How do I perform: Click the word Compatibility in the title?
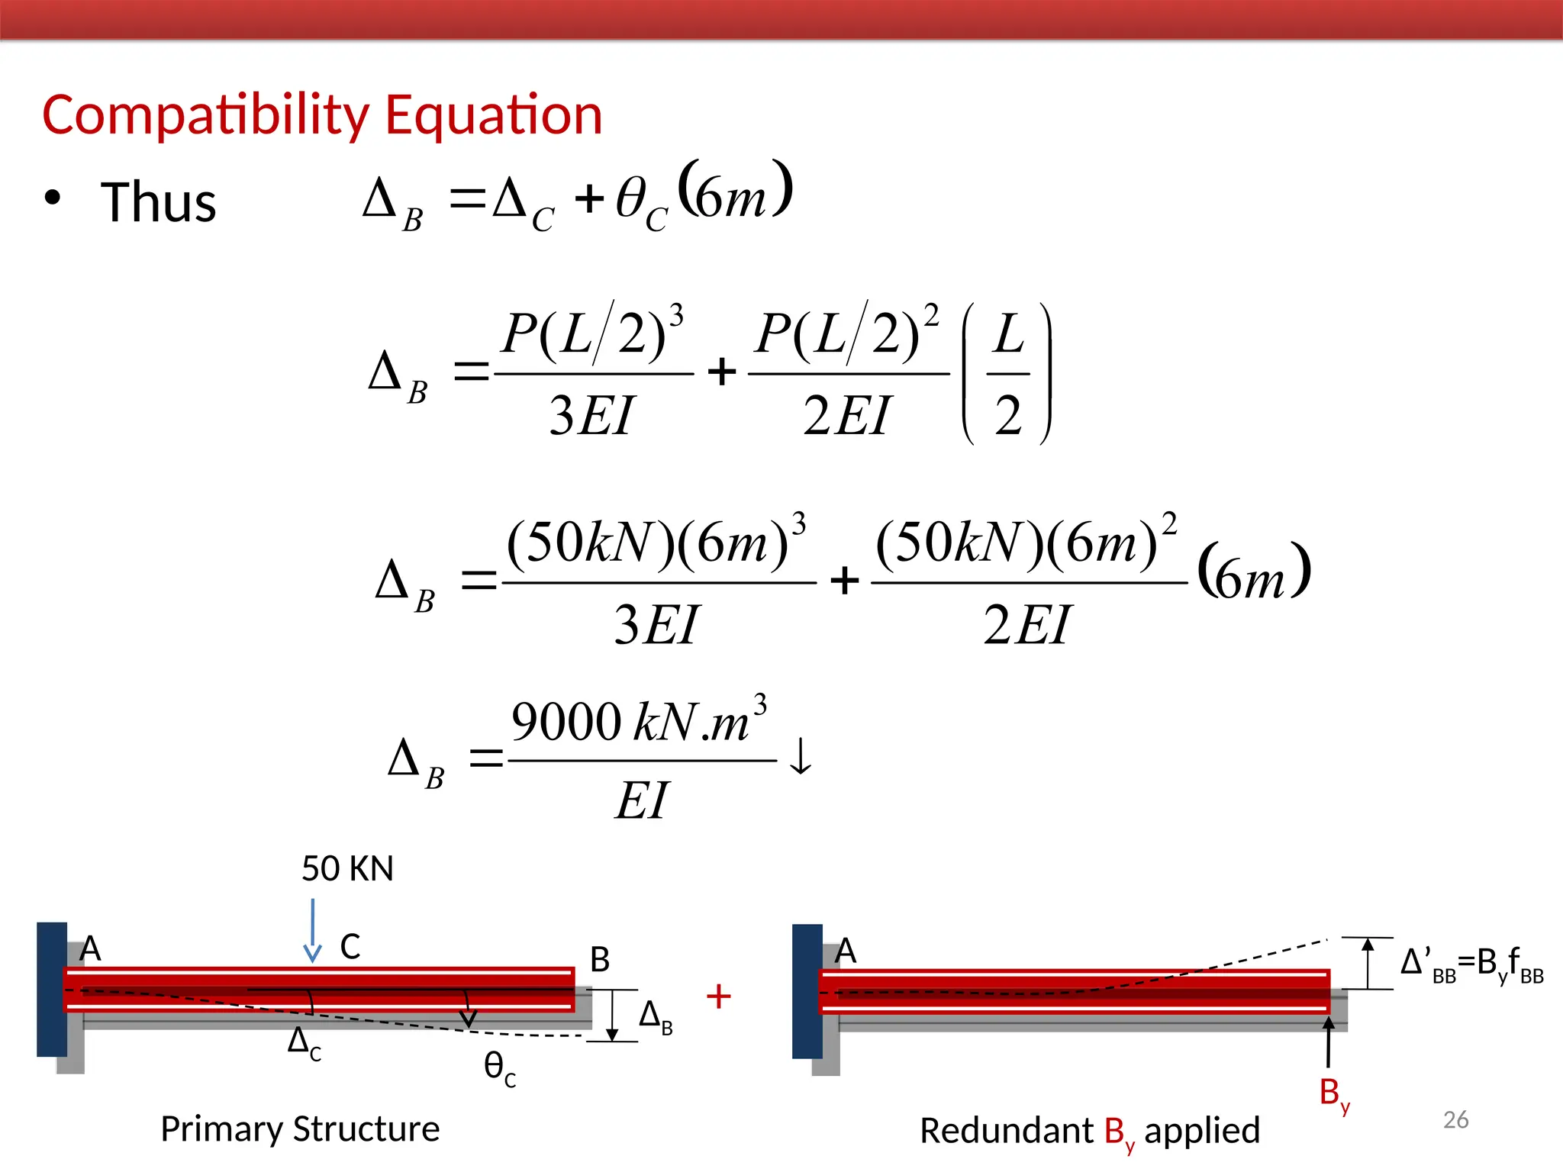click(x=206, y=116)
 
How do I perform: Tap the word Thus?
click(x=159, y=203)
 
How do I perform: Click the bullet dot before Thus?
click(x=52, y=198)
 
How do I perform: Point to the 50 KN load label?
click(x=347, y=869)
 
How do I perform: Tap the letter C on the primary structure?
click(x=350, y=947)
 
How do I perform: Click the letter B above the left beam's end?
click(x=600, y=960)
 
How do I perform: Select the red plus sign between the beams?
click(x=718, y=997)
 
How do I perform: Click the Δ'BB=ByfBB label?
click(x=1471, y=964)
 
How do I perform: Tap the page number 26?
click(x=1455, y=1119)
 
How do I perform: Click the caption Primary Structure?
click(x=300, y=1129)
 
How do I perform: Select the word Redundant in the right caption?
click(x=1006, y=1131)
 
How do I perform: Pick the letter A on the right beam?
click(x=846, y=951)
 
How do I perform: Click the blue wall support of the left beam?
click(x=52, y=989)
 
